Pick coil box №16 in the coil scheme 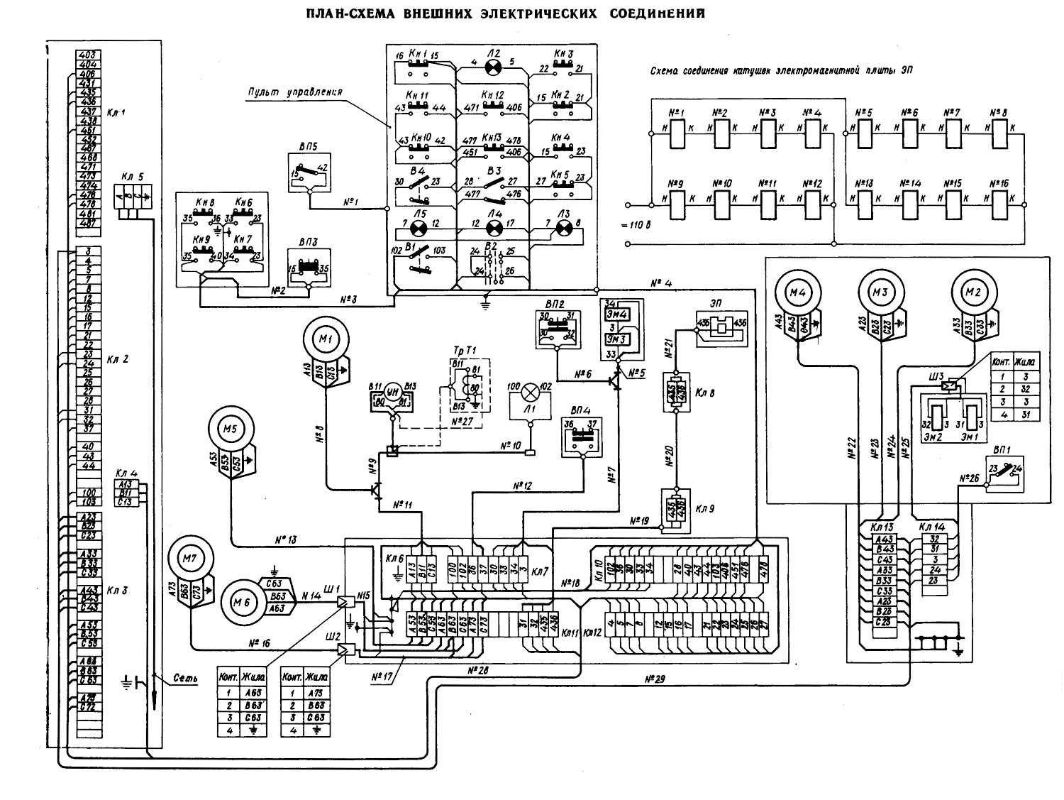1000,204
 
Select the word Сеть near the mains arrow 185,679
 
